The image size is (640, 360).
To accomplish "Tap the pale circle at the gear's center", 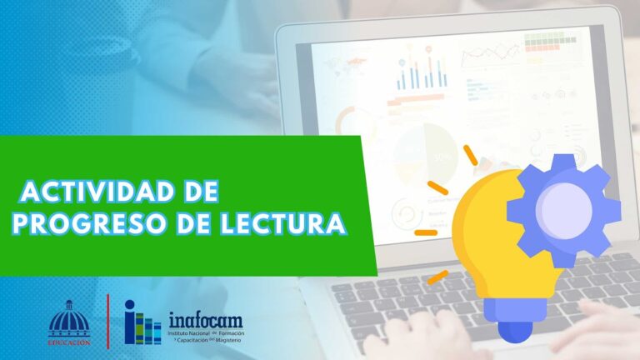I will [566, 204].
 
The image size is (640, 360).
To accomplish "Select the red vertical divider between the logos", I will [107, 320].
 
